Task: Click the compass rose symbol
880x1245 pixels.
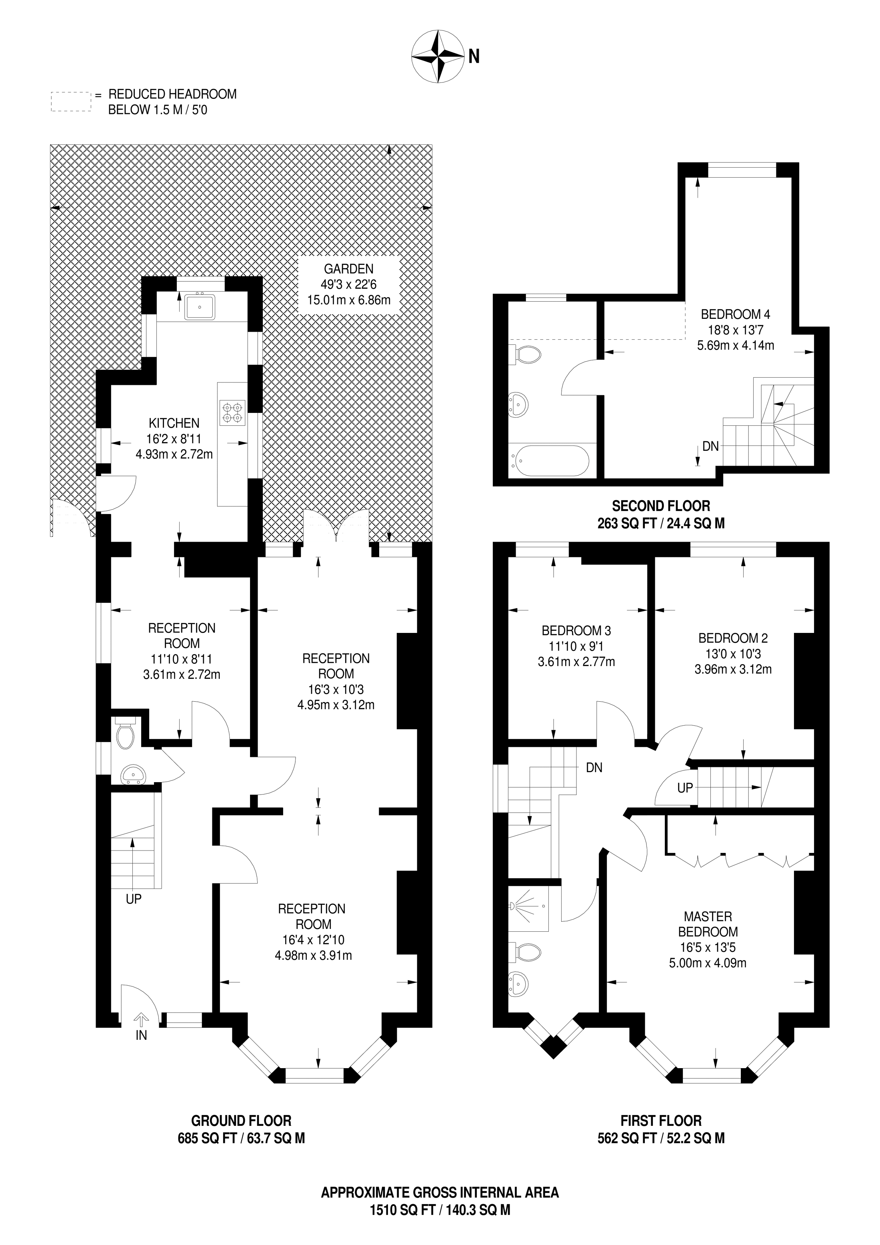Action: coord(438,57)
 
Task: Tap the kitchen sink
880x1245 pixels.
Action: coord(200,306)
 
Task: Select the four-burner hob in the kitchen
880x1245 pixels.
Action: coord(232,412)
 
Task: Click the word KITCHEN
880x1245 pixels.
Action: coord(174,423)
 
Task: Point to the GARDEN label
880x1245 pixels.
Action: coord(349,268)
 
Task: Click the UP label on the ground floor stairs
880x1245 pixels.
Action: coord(133,899)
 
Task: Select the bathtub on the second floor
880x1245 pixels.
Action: coord(549,460)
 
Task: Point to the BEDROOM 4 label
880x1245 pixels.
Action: coord(735,314)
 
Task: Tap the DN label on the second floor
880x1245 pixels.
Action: coord(710,446)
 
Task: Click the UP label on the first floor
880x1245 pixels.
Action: coord(685,787)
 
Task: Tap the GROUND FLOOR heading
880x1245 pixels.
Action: coord(241,1120)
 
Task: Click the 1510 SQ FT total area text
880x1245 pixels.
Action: coord(402,1210)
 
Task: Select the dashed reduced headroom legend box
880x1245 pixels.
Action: coord(70,101)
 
